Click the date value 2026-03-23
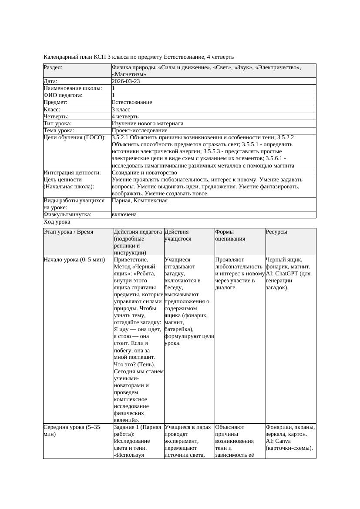click(x=126, y=81)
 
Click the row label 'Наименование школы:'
click(x=73, y=88)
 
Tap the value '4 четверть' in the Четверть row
click(x=125, y=116)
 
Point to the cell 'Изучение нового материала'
click(x=147, y=123)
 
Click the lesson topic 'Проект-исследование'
click(x=139, y=130)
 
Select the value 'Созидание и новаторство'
click(x=144, y=172)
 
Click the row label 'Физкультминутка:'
click(x=67, y=214)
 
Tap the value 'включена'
click(x=124, y=214)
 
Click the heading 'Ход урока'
click(x=57, y=222)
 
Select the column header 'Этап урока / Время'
click(x=68, y=232)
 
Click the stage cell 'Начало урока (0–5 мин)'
click(x=74, y=260)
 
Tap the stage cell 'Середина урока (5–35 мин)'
click(x=72, y=431)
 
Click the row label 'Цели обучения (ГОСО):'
click(x=74, y=137)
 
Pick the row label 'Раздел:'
click(x=53, y=67)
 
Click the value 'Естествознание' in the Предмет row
click(x=132, y=102)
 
